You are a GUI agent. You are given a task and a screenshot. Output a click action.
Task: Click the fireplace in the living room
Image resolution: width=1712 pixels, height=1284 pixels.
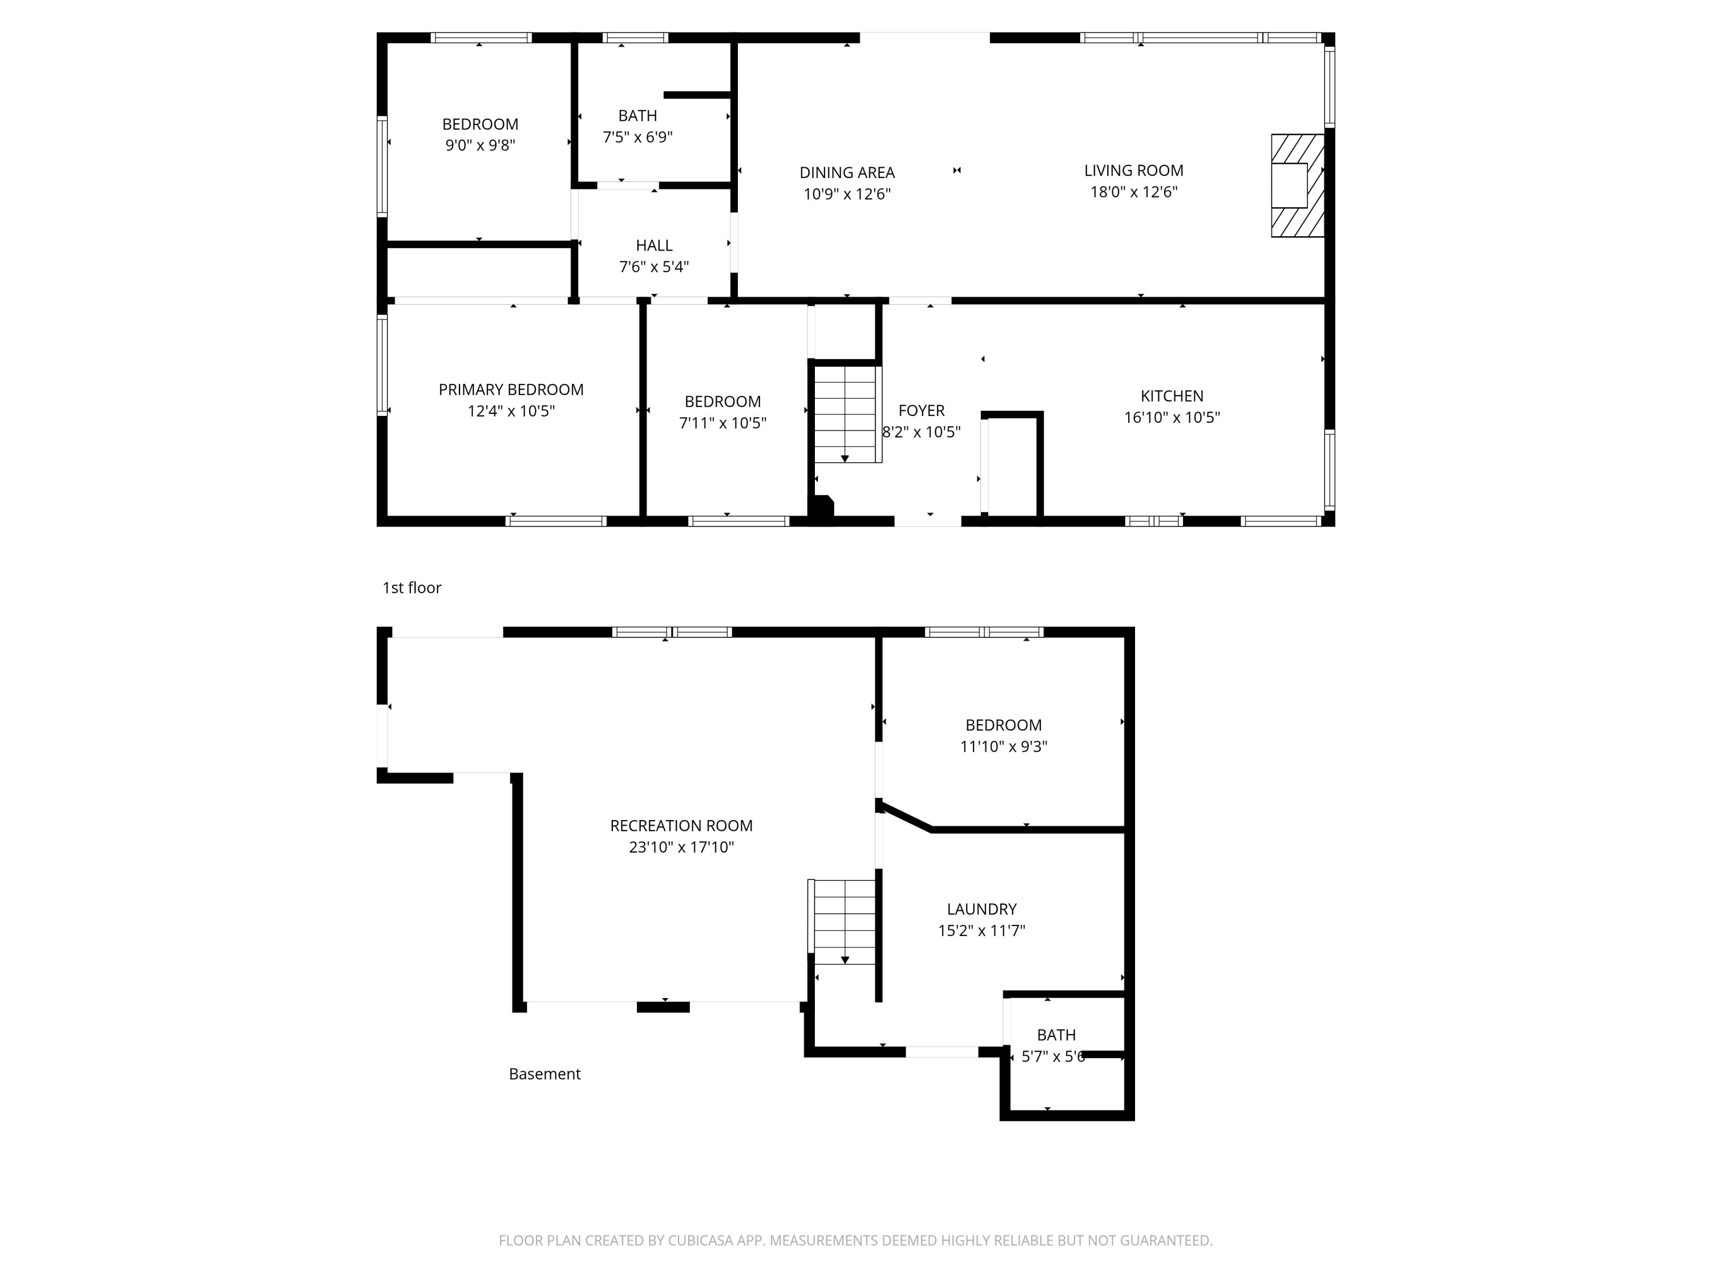click(1297, 185)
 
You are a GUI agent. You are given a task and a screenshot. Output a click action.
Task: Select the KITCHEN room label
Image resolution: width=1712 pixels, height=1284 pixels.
click(1172, 395)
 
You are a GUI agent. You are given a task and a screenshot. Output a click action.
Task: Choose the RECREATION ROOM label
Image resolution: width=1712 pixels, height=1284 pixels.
click(681, 826)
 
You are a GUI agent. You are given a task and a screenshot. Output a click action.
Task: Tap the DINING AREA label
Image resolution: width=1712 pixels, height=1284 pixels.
click(847, 172)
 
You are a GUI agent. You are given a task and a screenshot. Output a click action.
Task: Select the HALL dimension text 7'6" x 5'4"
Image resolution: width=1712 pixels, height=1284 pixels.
click(654, 267)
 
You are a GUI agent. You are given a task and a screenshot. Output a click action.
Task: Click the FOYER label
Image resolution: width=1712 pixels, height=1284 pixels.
click(921, 410)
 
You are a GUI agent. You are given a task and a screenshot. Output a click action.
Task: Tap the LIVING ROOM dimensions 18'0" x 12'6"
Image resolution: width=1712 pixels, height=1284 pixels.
click(1134, 192)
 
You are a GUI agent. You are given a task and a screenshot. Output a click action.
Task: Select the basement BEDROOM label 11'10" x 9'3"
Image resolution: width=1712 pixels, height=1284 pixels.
click(1003, 725)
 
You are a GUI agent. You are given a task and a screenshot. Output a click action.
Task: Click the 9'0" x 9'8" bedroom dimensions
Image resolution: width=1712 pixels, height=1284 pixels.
click(480, 146)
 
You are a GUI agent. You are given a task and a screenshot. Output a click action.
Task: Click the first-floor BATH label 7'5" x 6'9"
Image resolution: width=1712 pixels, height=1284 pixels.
click(638, 116)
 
